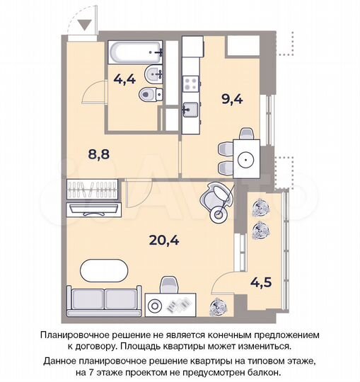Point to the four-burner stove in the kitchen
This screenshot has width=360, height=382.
click(x=190, y=84)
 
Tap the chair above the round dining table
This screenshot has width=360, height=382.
click(x=245, y=134)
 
